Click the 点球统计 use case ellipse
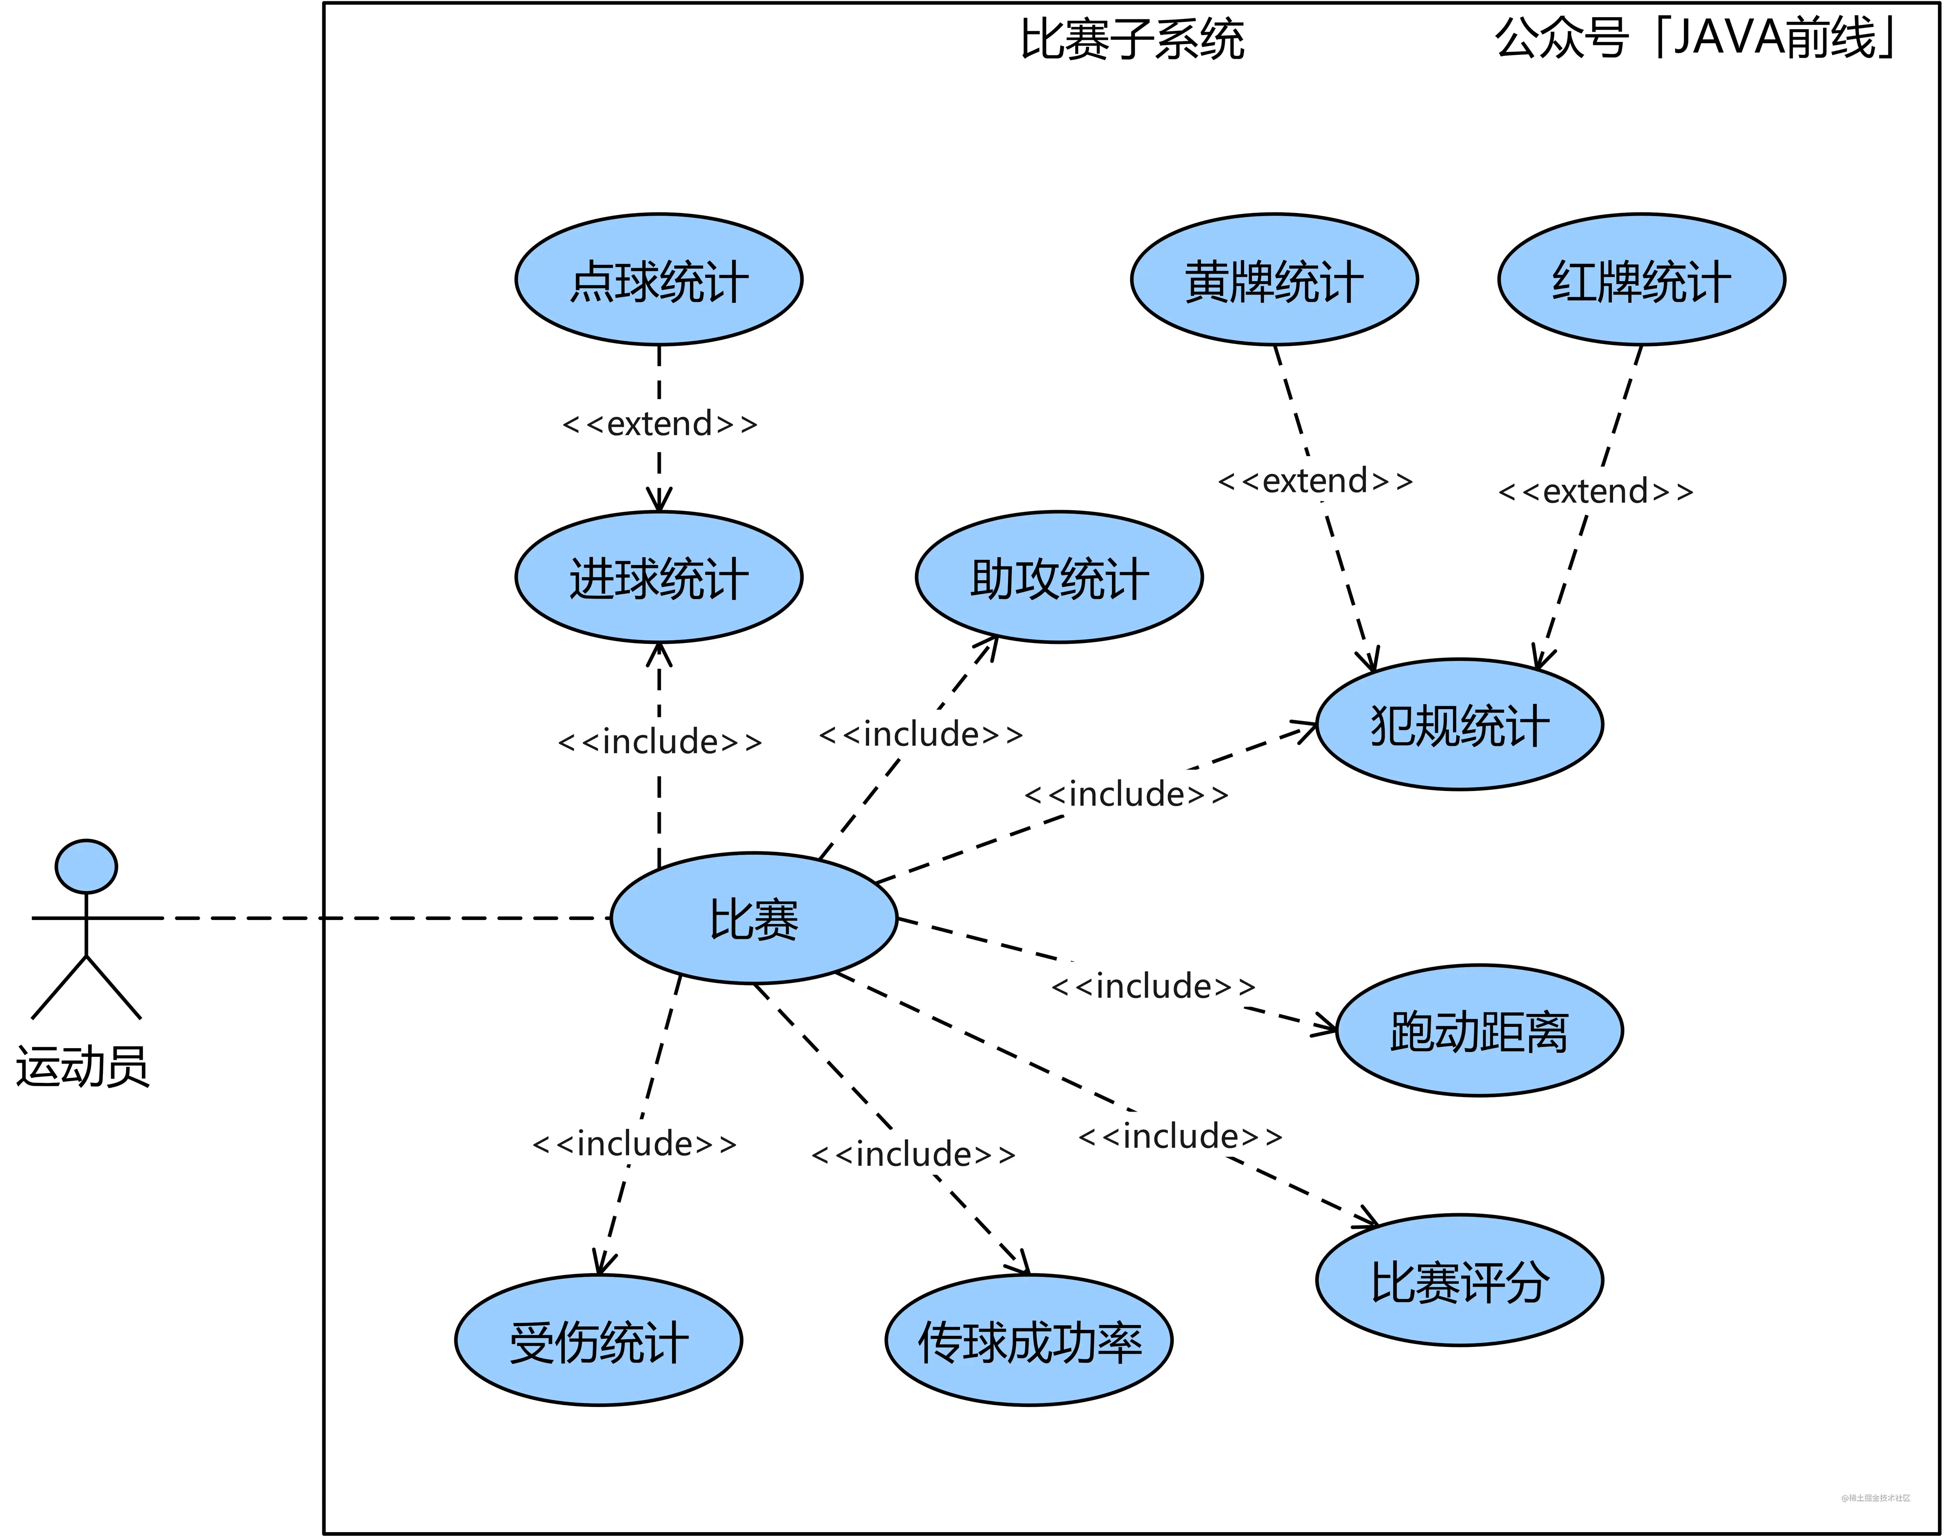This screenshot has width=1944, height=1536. [x=658, y=280]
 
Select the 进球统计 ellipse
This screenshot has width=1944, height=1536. [x=658, y=577]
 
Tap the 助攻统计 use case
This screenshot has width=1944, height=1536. [x=1059, y=577]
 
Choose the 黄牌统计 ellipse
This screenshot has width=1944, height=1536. [x=1274, y=280]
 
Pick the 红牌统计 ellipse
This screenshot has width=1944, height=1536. [x=1641, y=280]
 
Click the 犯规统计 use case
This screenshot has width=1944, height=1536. [x=1459, y=725]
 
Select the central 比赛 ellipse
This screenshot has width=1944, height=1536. [x=753, y=918]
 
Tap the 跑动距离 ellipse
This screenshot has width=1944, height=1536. [x=1479, y=1031]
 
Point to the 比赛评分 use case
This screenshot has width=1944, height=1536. [x=1459, y=1281]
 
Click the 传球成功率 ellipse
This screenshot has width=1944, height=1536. [x=1029, y=1341]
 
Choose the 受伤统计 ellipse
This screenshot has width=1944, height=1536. [x=598, y=1341]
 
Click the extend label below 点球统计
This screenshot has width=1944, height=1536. [x=659, y=424]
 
